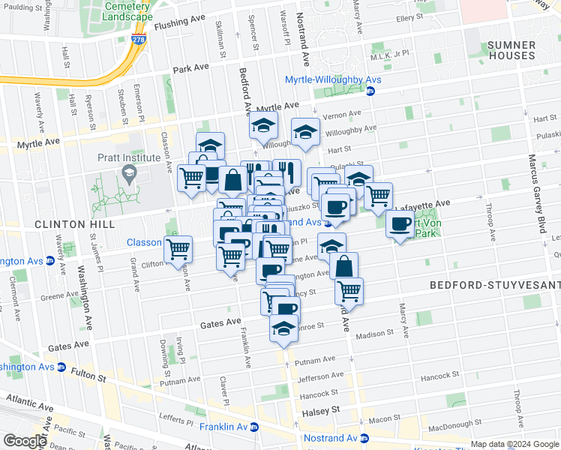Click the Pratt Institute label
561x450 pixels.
pyautogui.click(x=128, y=157)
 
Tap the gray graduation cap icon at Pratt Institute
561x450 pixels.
pyautogui.click(x=129, y=173)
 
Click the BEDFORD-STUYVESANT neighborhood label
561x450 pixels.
pyautogui.click(x=495, y=285)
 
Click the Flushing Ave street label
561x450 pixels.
pyautogui.click(x=179, y=25)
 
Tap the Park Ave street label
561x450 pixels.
pyautogui.click(x=190, y=68)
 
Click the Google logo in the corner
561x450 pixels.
pyautogui.click(x=25, y=441)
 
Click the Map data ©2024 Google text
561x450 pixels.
pyautogui.click(x=514, y=444)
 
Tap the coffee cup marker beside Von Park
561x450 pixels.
pyautogui.click(x=400, y=223)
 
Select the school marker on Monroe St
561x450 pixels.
pyautogui.click(x=283, y=329)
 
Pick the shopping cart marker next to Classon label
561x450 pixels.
pyautogui.click(x=178, y=248)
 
